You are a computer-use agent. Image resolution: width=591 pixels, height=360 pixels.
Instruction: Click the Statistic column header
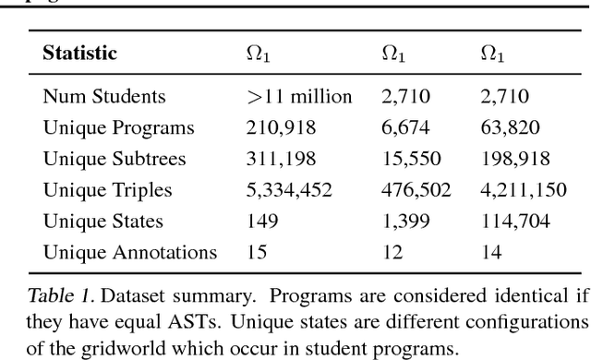click(x=80, y=54)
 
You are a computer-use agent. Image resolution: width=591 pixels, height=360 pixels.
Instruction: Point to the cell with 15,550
click(x=408, y=158)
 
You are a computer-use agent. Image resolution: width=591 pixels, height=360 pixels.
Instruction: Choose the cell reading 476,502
click(x=416, y=189)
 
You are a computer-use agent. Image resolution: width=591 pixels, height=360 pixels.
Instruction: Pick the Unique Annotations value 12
click(x=392, y=252)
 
